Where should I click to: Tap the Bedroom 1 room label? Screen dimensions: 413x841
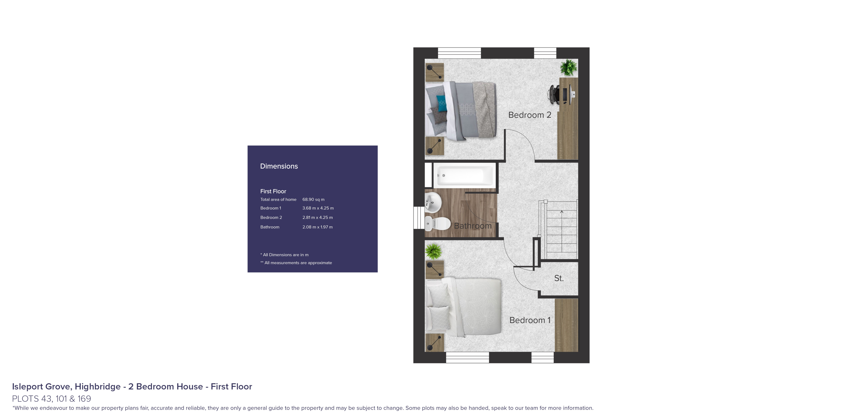tap(530, 320)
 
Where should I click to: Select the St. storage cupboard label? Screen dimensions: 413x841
tap(559, 278)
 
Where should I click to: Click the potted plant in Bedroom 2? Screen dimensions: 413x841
tap(568, 68)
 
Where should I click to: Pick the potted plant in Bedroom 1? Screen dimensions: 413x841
tap(434, 251)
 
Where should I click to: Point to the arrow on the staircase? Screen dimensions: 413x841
tap(561, 212)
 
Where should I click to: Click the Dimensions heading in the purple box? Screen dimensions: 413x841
tap(279, 166)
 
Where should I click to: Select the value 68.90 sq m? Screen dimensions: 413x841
tap(313, 199)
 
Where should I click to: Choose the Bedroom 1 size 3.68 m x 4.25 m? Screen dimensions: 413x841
tap(318, 208)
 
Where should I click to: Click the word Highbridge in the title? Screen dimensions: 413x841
tap(98, 387)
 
